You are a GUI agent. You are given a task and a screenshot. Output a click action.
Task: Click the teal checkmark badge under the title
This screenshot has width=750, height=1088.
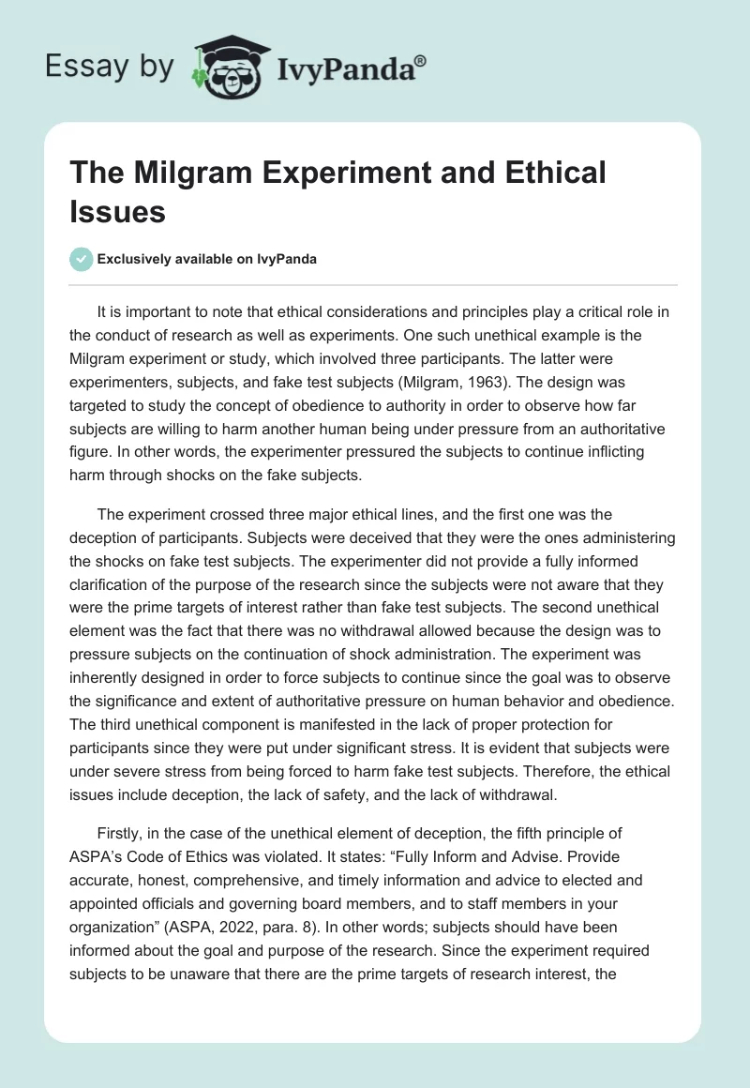(82, 259)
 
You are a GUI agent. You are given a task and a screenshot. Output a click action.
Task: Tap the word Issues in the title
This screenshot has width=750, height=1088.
(118, 211)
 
